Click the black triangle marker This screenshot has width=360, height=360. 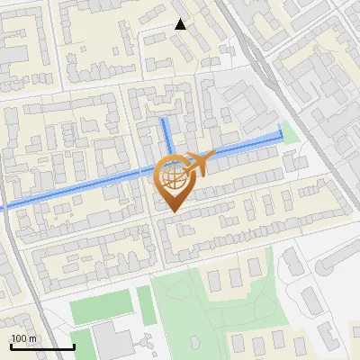pos(181,24)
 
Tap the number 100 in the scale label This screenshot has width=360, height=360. pos(18,338)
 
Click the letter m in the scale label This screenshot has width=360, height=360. pos(32,338)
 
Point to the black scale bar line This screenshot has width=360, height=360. pos(42,347)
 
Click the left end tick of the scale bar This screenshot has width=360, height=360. pos(11,346)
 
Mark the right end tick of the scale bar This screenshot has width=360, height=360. pos(74,346)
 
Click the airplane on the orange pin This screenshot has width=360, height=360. pos(198,163)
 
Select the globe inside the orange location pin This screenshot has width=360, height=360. pos(174,176)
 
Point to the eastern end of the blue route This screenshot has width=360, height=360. pos(281,136)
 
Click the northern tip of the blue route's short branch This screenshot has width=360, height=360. pos(163,119)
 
